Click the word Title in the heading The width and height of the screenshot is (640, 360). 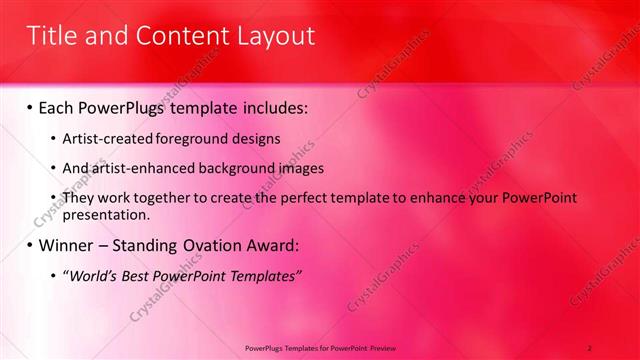[x=51, y=37]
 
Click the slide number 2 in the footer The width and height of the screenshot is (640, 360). [x=590, y=347]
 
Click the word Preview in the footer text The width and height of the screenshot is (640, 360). [x=383, y=347]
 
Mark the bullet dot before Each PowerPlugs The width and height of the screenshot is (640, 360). [x=30, y=106]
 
